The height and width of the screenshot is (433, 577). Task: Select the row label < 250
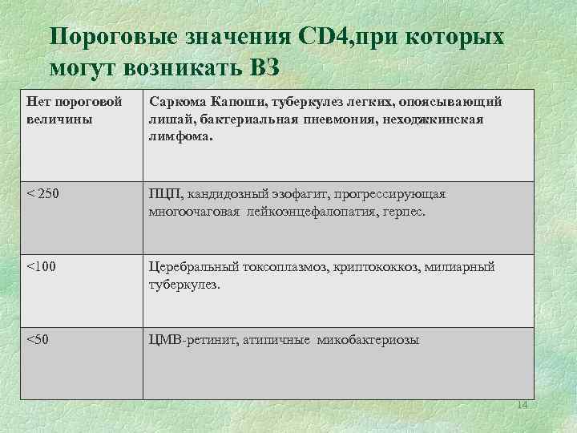(42, 195)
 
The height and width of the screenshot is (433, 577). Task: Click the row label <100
(42, 268)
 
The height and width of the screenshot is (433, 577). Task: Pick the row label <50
(38, 340)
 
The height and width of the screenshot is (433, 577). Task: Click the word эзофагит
(287, 195)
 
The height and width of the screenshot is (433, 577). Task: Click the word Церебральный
(191, 268)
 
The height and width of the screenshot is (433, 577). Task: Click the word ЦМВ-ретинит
(187, 340)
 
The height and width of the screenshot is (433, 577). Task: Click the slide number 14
(523, 404)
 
